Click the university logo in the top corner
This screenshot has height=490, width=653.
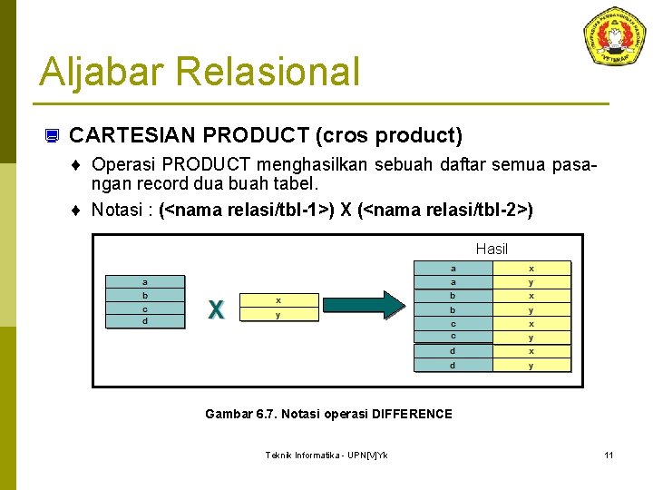pos(616,36)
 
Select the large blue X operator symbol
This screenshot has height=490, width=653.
pos(216,309)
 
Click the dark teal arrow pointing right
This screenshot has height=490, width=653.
pos(380,306)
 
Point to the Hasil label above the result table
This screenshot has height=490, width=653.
pos(492,249)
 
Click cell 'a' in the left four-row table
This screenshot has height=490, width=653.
pos(145,282)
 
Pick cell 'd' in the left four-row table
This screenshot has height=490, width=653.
pos(145,321)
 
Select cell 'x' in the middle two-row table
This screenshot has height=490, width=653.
pos(278,300)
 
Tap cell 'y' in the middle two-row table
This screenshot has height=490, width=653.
pos(278,315)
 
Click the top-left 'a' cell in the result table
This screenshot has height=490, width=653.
pos(453,269)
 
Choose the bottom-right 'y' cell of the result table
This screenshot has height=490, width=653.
pos(531,366)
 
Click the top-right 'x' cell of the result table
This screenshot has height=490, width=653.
pos(531,269)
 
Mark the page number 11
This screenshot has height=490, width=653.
pos(609,455)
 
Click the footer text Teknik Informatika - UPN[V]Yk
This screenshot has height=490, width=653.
pos(326,455)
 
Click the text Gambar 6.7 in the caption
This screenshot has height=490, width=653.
pos(232,414)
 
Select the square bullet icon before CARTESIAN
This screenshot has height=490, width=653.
pos(52,137)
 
